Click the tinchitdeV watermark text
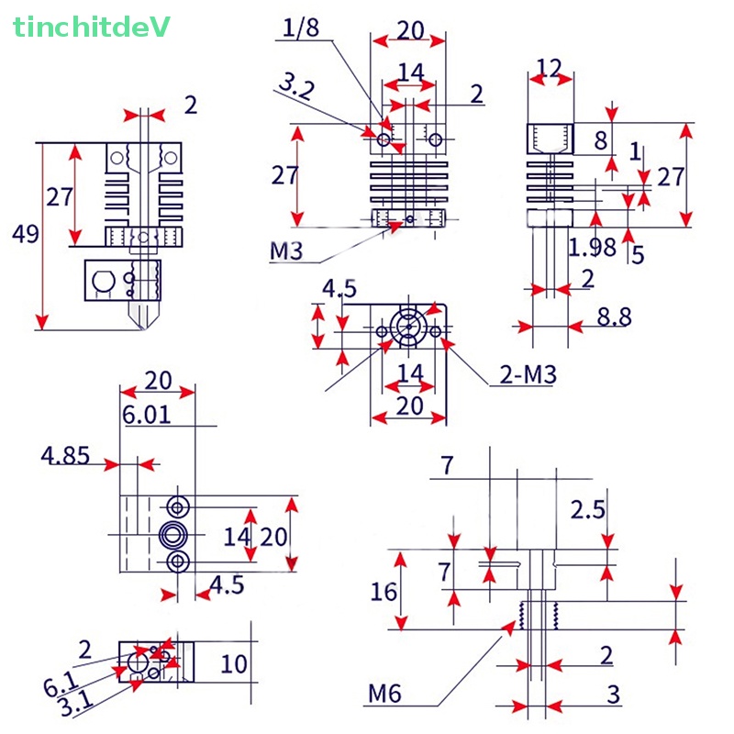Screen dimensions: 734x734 pos(92,28)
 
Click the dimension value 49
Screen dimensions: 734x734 pos(26,235)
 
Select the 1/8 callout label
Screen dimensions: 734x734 pos(301,28)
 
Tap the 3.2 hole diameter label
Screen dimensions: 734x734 pos(295,88)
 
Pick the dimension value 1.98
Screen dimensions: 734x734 pos(592,247)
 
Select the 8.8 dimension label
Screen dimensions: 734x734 pos(614,317)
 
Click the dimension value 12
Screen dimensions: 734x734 pos(549,66)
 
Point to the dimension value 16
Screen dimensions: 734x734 pos(384,592)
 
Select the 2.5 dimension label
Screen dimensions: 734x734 pos(587,509)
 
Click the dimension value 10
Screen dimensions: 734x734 pos(235,662)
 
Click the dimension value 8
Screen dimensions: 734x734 pos(600,140)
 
